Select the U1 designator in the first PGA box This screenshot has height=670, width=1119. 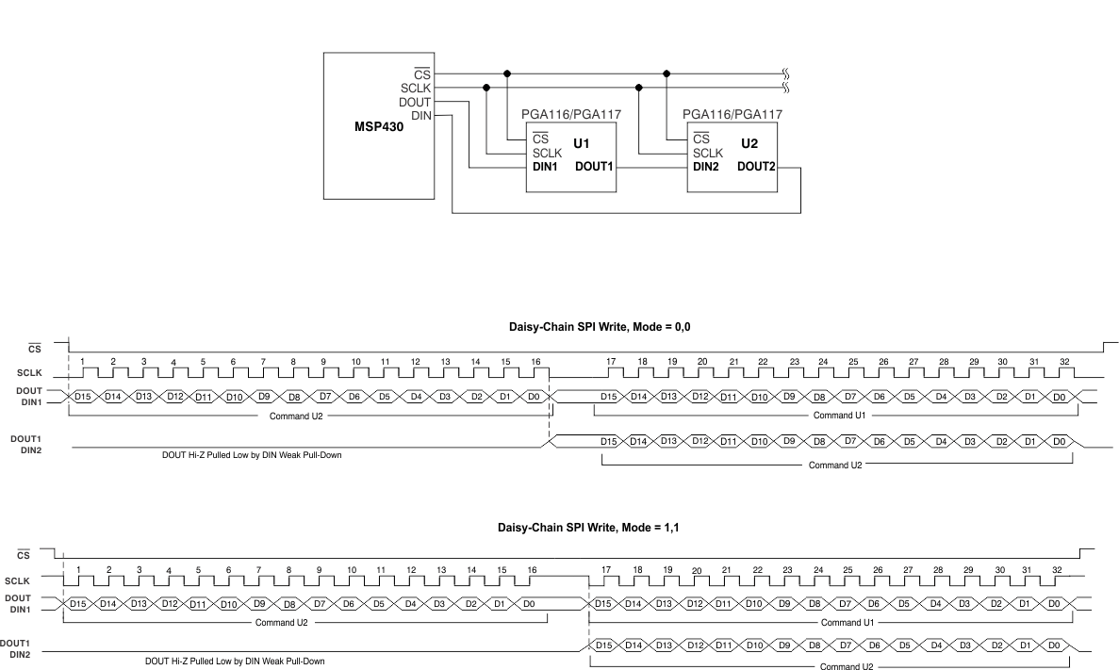(581, 144)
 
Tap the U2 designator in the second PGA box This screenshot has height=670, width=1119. (749, 144)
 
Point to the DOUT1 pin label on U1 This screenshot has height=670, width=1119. (595, 167)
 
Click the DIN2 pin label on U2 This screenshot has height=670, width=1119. (710, 167)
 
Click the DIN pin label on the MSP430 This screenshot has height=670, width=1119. (421, 115)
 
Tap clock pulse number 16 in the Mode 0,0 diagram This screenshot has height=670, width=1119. (535, 362)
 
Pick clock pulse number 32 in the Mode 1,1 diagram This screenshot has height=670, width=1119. (1057, 570)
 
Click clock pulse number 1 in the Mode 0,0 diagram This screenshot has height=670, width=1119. (83, 362)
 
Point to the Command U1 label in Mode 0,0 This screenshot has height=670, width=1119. (839, 415)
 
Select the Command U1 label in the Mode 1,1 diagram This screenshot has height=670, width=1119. (847, 622)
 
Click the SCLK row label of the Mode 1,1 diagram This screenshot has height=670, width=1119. (17, 582)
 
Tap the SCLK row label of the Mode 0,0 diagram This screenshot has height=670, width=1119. (28, 374)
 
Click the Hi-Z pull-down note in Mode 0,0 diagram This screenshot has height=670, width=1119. (252, 454)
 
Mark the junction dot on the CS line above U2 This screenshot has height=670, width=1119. (667, 73)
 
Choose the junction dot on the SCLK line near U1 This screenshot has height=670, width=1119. (486, 88)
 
